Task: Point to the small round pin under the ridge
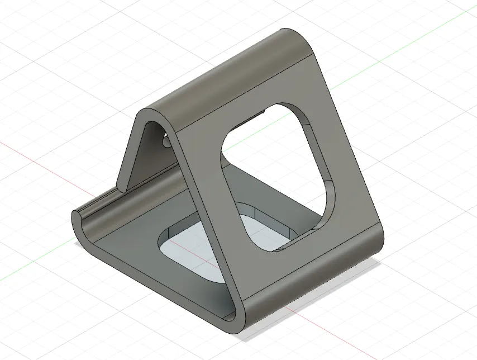(x=166, y=143)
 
